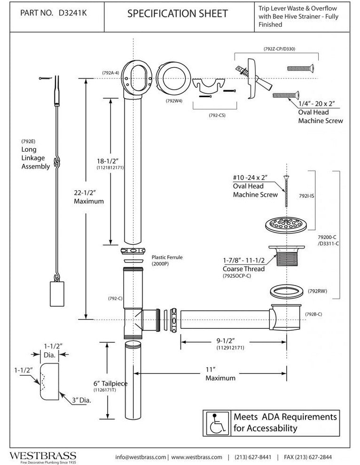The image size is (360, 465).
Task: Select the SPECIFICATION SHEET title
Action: point(177,14)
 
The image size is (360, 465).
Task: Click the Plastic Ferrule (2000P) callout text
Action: point(167,261)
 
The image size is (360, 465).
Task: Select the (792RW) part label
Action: point(318,291)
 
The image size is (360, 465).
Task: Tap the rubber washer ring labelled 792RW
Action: point(285,291)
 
